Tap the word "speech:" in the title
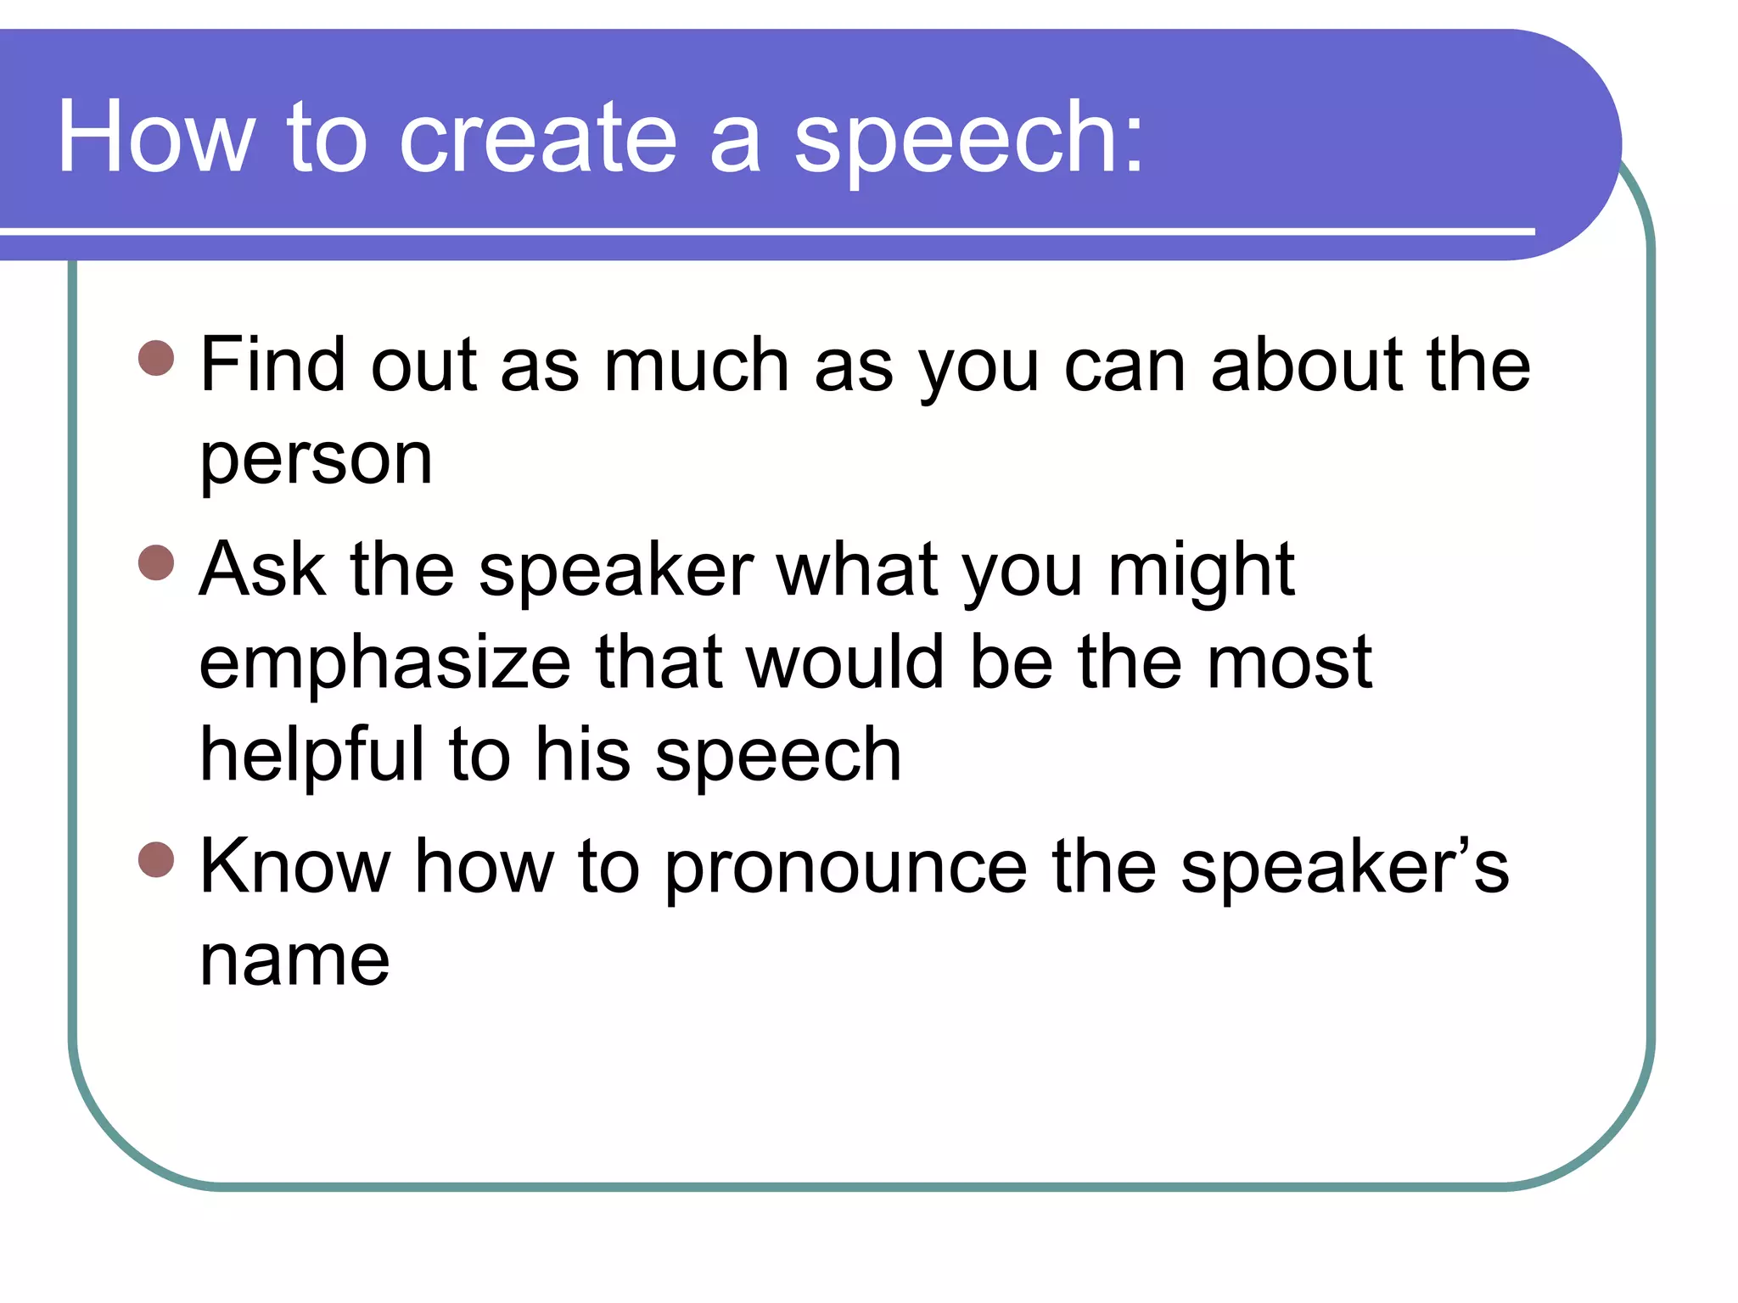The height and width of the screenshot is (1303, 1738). pos(968,138)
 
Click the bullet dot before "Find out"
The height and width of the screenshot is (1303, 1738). pos(156,358)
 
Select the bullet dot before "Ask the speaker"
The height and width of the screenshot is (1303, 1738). pos(156,562)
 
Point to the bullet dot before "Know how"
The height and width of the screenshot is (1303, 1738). pos(156,859)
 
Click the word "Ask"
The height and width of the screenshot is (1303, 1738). pos(262,569)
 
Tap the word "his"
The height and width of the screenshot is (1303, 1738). pos(583,755)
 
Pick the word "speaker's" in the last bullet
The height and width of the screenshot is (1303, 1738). pos(1344,868)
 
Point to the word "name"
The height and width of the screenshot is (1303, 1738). pos(294,961)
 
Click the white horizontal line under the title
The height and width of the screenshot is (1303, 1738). pos(764,231)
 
